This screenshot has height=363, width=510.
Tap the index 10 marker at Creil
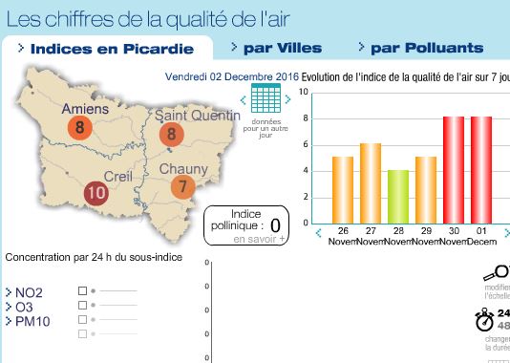click(96, 193)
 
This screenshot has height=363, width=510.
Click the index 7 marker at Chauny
click(182, 187)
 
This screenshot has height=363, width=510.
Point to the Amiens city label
click(85, 109)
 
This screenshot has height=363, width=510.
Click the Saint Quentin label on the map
click(197, 115)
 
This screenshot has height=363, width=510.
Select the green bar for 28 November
click(398, 196)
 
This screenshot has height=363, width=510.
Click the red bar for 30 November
click(454, 169)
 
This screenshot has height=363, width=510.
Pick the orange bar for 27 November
click(371, 182)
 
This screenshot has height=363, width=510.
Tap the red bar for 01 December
click(481, 169)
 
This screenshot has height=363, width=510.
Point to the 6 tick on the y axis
click(303, 144)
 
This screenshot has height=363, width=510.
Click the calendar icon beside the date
click(266, 98)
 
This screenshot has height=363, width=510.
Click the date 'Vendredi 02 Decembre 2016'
click(232, 75)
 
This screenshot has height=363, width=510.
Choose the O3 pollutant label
click(24, 307)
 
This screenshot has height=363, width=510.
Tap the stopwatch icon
click(485, 319)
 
